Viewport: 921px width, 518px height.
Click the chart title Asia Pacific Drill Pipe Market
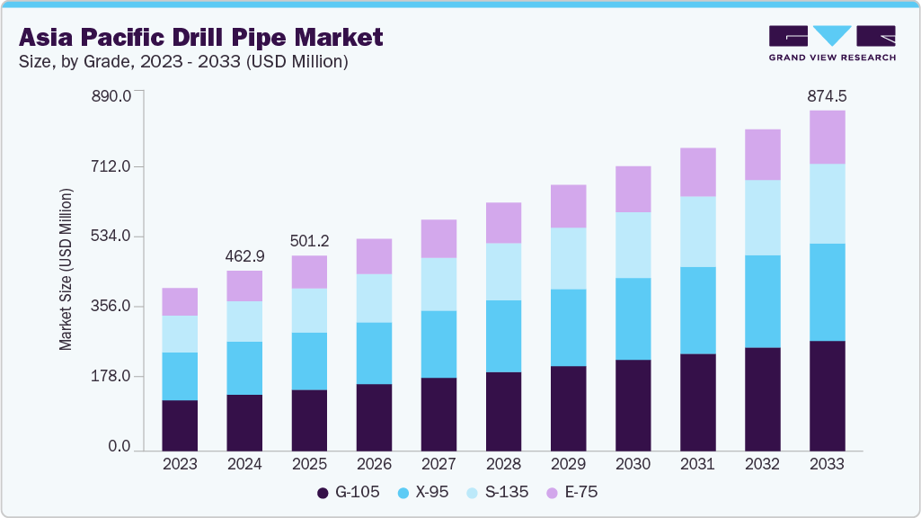pos(200,37)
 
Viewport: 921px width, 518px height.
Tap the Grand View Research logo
pos(832,42)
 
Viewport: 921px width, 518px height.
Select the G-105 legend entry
pos(350,492)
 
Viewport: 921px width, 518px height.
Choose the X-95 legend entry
pos(426,492)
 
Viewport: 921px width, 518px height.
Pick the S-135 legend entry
pos(504,492)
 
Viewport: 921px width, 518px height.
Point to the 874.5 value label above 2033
pos(827,95)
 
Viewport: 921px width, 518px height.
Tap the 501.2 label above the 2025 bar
pos(309,241)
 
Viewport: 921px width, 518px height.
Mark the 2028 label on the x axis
pos(503,464)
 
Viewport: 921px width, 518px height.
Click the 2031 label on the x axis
pos(697,464)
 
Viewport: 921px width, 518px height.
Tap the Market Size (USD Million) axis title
pos(66,270)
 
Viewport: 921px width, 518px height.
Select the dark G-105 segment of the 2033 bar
pos(827,396)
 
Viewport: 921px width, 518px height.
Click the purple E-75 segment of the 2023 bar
pos(180,301)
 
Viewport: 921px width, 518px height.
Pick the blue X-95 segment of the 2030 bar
pos(633,318)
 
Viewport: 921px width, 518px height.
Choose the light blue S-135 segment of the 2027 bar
pos(438,284)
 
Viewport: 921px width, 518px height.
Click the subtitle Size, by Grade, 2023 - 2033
pos(183,62)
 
